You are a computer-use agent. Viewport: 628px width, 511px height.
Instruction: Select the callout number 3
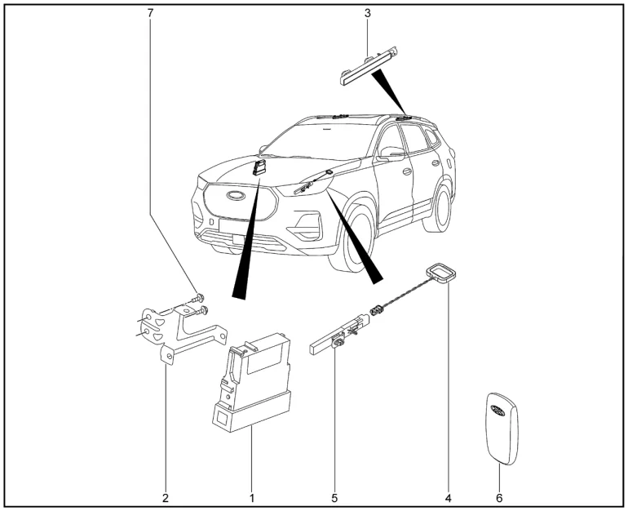pos(367,14)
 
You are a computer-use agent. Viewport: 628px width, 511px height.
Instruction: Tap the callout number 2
pos(165,497)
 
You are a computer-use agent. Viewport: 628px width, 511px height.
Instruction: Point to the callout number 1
pos(252,497)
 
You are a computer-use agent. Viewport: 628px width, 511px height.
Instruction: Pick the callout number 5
pos(334,497)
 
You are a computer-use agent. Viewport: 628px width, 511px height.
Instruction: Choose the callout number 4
pos(448,497)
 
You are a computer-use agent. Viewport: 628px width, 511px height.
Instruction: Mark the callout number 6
pos(500,497)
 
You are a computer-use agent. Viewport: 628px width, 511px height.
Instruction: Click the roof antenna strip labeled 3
pos(369,67)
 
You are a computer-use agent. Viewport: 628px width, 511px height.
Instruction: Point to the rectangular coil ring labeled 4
pos(441,274)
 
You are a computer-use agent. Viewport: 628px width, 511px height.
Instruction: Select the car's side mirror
pos(390,155)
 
